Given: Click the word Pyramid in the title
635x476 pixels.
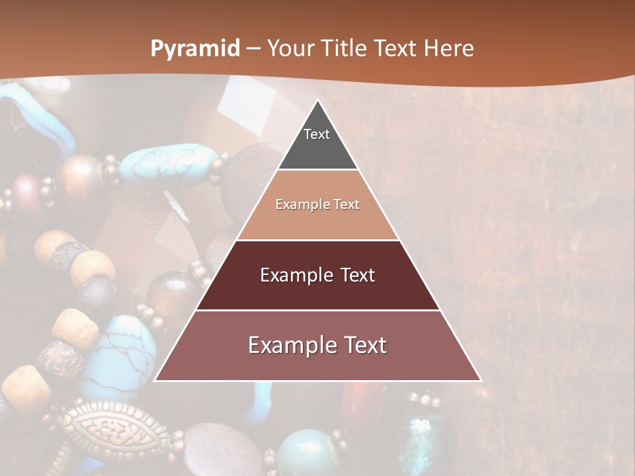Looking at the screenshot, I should [195, 48].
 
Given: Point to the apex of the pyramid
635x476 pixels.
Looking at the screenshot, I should [317, 101].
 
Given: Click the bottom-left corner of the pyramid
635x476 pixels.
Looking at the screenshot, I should [155, 381].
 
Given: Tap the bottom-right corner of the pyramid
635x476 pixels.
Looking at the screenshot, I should [480, 381].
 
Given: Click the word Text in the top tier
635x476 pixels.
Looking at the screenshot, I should [317, 134].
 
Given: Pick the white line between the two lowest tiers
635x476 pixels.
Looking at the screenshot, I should [317, 311].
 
